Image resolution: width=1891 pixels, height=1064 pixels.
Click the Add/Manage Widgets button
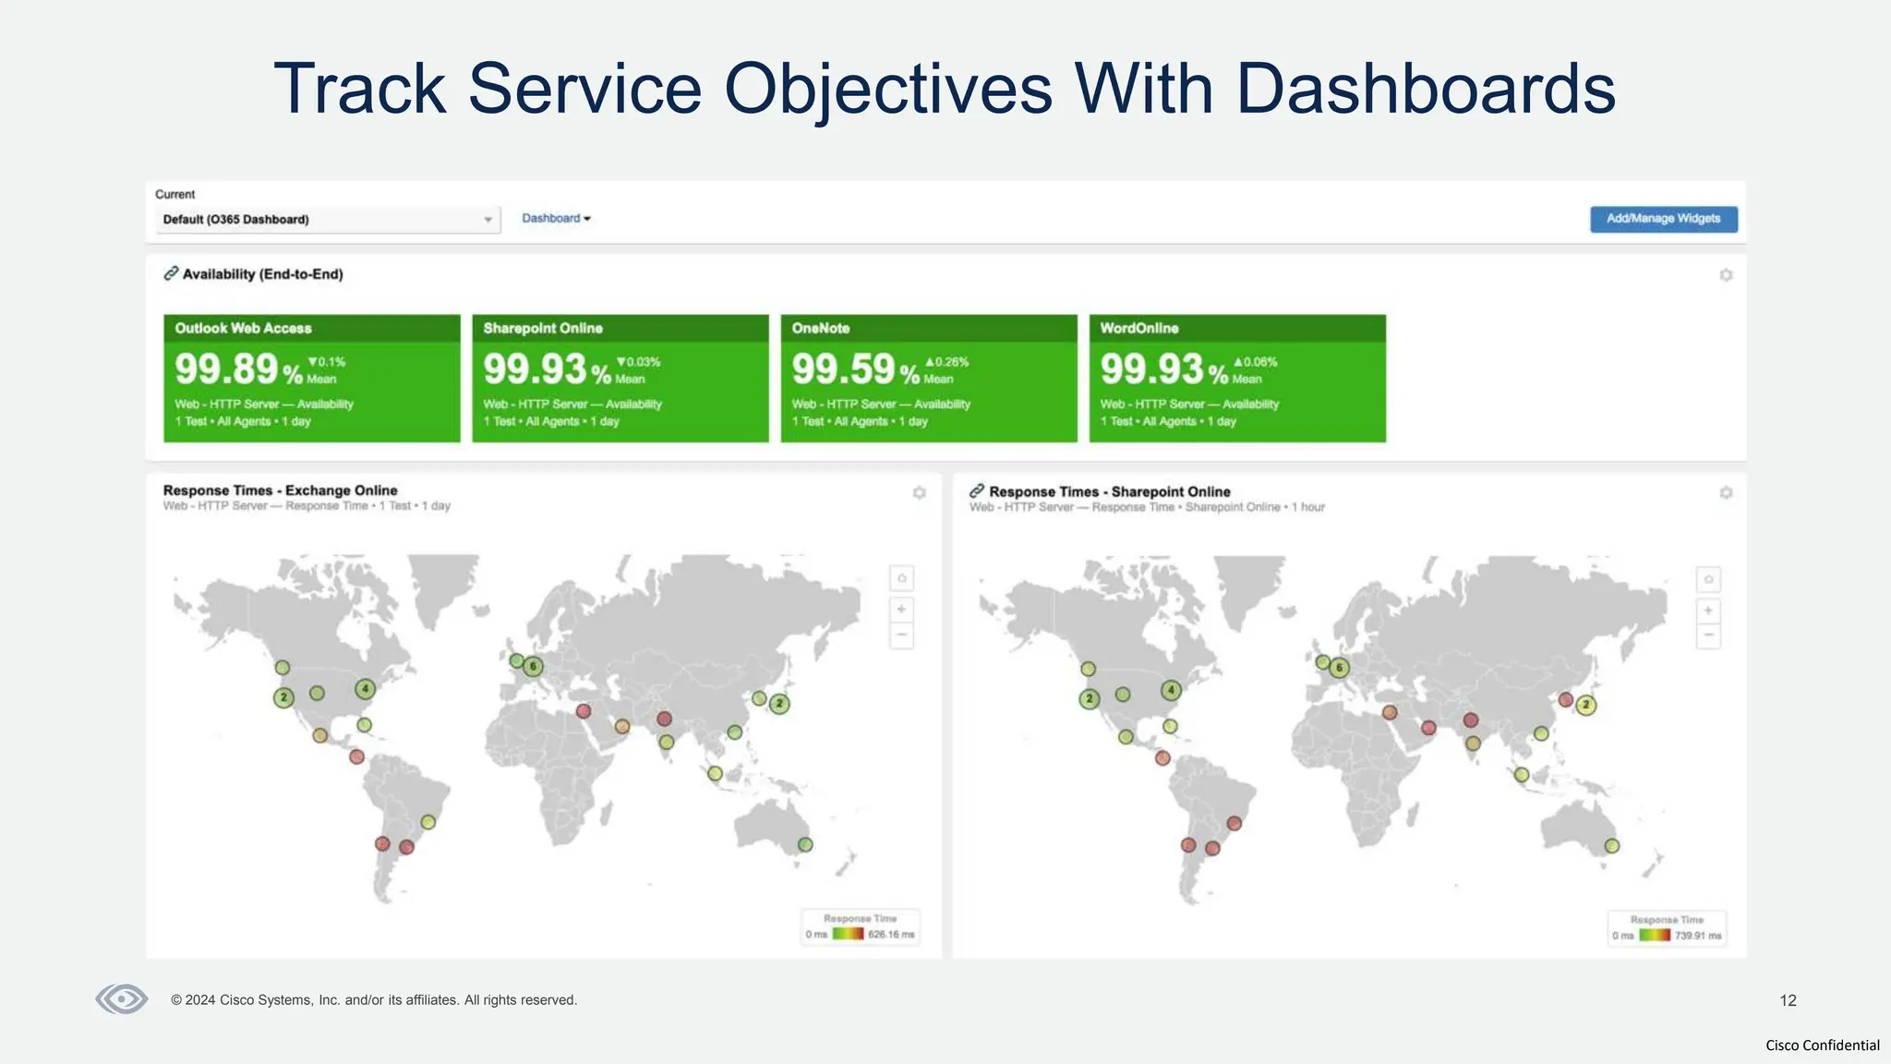[x=1663, y=219]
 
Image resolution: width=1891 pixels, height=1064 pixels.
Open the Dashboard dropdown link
[x=556, y=219]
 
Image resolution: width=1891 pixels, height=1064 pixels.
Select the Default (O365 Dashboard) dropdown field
[x=328, y=220]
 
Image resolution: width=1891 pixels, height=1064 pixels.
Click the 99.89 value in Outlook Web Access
[x=227, y=369]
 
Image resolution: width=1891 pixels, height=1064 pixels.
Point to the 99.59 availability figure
[x=844, y=369]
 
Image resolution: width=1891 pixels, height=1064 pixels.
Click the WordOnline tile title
[x=1138, y=328]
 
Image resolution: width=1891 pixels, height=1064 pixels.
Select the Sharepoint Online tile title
[x=543, y=328]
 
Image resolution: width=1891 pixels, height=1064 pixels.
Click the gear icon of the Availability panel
[x=1726, y=275]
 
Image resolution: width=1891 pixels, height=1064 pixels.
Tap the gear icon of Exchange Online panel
[x=919, y=493]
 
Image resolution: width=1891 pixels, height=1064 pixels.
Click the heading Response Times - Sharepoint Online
[x=1109, y=491]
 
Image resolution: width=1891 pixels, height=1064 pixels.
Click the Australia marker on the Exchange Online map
[x=805, y=844]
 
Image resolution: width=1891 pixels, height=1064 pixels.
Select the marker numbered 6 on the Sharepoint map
[x=1339, y=667]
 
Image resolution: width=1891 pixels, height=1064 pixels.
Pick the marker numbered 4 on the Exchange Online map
[x=365, y=688]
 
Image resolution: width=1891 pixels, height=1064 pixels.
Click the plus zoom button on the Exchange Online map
[x=901, y=610]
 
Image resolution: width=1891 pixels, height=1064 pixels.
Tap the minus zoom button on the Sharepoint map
[x=1708, y=635]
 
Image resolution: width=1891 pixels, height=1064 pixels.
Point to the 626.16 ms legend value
[x=891, y=935]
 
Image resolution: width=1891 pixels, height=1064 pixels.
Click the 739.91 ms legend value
[x=1698, y=936]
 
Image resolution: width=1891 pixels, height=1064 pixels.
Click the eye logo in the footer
[x=122, y=999]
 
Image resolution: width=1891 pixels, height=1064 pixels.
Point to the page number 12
[x=1788, y=1000]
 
